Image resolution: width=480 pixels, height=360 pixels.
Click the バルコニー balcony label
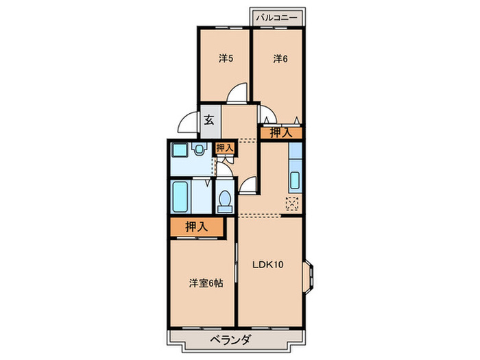276,19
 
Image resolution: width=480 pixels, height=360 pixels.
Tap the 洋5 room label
226,59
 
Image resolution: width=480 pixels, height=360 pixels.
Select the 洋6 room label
280,59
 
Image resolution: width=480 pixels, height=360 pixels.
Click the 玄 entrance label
209,121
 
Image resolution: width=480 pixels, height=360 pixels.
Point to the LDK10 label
268,263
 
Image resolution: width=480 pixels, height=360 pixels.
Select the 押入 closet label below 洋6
280,132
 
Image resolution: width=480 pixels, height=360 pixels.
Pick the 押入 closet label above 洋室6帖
195,228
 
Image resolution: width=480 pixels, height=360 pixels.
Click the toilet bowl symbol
224,198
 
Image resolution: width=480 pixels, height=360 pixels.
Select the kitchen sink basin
295,180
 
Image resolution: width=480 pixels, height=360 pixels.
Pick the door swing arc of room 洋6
268,115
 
